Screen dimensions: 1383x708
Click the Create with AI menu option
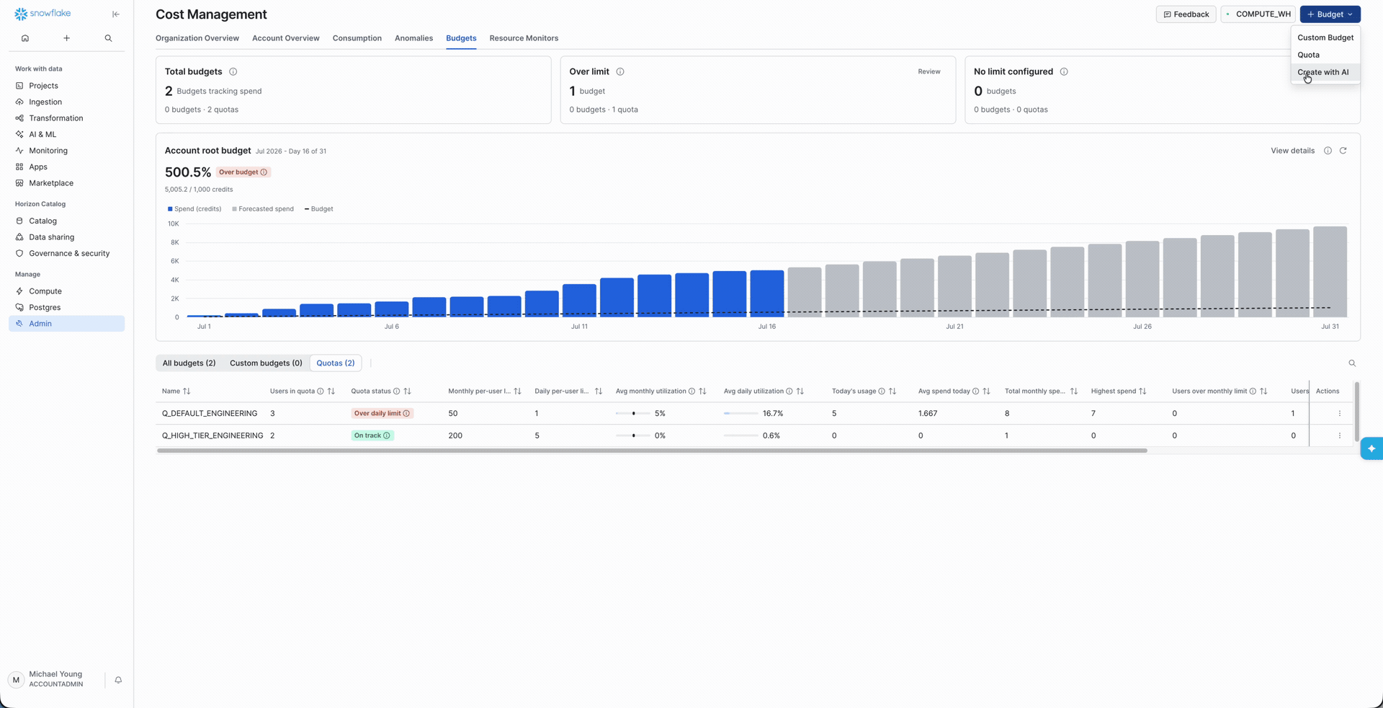click(1322, 72)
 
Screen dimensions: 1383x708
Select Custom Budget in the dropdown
click(1325, 37)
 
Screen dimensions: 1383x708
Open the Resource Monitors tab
click(524, 38)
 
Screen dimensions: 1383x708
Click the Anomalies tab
click(413, 38)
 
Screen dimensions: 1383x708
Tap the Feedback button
click(1186, 14)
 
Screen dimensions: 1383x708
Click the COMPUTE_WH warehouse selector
click(1258, 14)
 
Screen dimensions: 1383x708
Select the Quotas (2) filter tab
click(336, 363)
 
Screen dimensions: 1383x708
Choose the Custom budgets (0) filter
click(266, 363)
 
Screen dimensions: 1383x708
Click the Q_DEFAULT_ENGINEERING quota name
click(210, 414)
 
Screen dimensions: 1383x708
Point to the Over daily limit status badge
click(382, 414)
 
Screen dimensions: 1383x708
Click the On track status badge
click(372, 435)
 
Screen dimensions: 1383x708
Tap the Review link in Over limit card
click(929, 71)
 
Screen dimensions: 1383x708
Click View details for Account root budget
click(1292, 151)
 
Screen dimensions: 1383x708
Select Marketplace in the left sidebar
click(51, 183)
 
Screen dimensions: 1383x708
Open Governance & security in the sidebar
click(69, 254)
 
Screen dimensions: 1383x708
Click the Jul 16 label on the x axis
click(767, 327)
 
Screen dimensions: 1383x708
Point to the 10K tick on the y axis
click(174, 224)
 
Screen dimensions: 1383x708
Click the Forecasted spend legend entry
click(263, 209)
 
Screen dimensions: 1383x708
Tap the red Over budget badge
click(243, 172)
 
